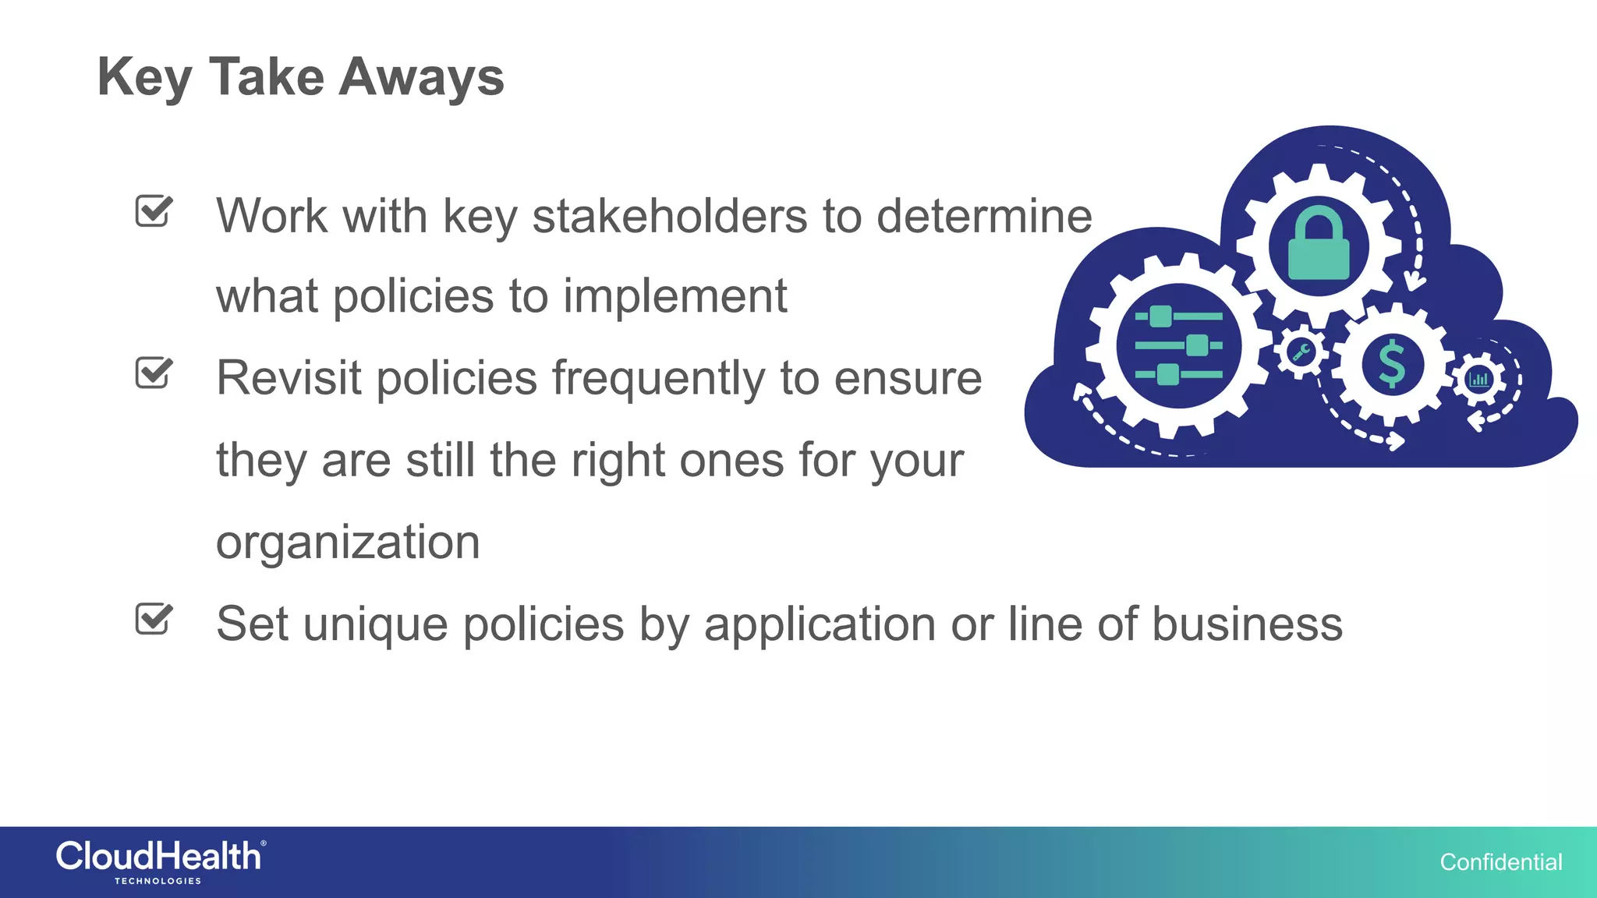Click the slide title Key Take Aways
tap(300, 78)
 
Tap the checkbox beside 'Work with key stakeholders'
tap(154, 211)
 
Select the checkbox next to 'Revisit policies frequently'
tap(154, 373)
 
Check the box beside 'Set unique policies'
tap(154, 620)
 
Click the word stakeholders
tap(670, 216)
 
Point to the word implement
tap(675, 297)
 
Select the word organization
tap(348, 543)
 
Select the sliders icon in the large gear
tap(1178, 345)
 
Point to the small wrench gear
tap(1300, 353)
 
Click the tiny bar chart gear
tap(1478, 380)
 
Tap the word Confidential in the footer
tap(1500, 862)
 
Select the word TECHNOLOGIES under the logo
tap(158, 882)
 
